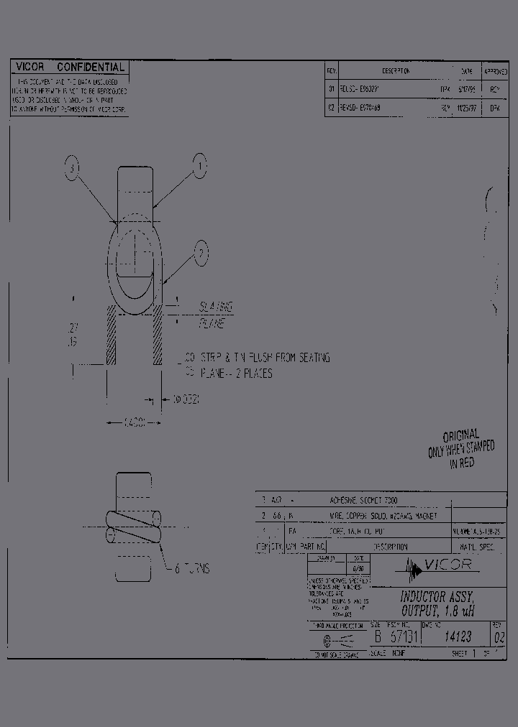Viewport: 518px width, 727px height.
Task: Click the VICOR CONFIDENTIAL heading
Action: click(x=70, y=68)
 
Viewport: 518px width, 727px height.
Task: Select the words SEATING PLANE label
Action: click(x=215, y=315)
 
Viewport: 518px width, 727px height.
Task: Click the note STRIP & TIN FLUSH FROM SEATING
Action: click(x=258, y=357)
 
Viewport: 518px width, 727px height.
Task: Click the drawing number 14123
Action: click(x=458, y=636)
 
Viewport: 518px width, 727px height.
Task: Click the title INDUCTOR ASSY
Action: click(x=437, y=597)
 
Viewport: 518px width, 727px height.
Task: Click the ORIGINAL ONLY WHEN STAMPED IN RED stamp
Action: click(x=461, y=449)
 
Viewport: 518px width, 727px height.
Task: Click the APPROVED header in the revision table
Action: click(x=495, y=72)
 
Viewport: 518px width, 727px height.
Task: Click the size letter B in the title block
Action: click(x=376, y=636)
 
